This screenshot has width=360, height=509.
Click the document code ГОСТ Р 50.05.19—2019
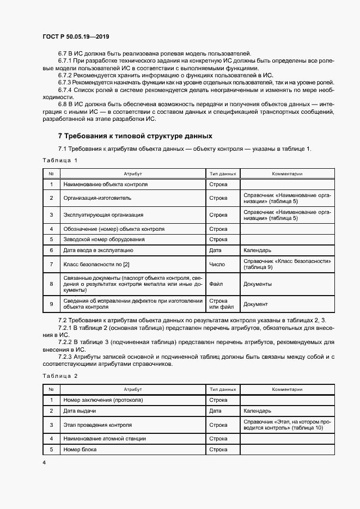pyautogui.click(x=76, y=36)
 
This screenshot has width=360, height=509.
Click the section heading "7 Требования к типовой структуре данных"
pyautogui.click(x=135, y=136)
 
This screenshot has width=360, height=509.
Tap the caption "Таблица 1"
pyautogui.click(x=60, y=160)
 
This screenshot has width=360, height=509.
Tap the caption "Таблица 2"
pyautogui.click(x=60, y=376)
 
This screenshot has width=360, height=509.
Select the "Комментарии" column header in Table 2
pyautogui.click(x=287, y=390)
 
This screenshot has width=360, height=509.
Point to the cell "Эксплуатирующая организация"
pyautogui.click(x=103, y=215)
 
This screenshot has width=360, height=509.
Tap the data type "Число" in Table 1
pyautogui.click(x=216, y=265)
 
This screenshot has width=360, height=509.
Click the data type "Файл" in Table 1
pyautogui.click(x=216, y=284)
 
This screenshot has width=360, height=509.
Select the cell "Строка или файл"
pyautogui.click(x=218, y=304)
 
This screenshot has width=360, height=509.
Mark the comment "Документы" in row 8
pyautogui.click(x=258, y=284)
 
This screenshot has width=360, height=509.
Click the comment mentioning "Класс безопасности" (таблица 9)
pyautogui.click(x=287, y=265)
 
